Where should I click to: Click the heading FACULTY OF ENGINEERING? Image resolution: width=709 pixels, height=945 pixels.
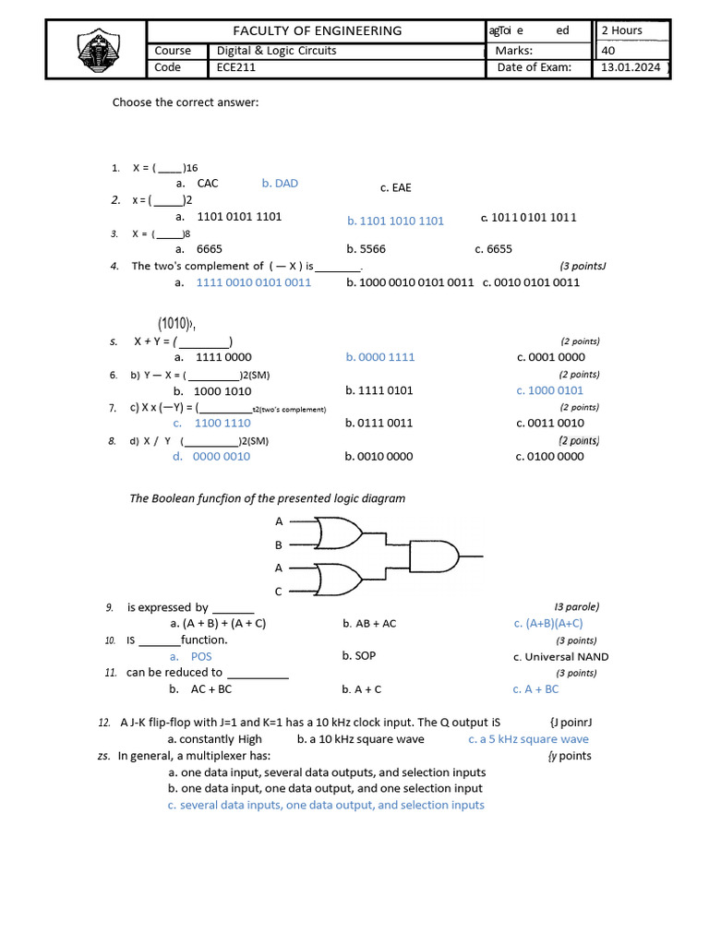[x=317, y=30]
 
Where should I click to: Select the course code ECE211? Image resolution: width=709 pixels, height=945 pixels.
[x=238, y=67]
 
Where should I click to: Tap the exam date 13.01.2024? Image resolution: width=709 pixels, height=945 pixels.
[x=631, y=67]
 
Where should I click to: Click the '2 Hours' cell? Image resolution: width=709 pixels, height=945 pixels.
[x=621, y=30]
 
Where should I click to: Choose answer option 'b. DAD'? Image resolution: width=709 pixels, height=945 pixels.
[x=280, y=183]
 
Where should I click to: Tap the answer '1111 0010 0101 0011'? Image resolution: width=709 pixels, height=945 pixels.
[x=254, y=282]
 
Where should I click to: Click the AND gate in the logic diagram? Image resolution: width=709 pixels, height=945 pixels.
[x=432, y=556]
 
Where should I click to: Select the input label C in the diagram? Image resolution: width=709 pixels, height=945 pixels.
[x=279, y=591]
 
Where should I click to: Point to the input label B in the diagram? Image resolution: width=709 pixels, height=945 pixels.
[x=279, y=544]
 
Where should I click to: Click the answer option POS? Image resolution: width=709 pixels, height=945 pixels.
[x=201, y=656]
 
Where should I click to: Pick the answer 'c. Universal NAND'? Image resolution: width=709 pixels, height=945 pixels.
[x=560, y=656]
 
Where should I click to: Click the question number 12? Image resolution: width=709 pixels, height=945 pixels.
[x=104, y=722]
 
